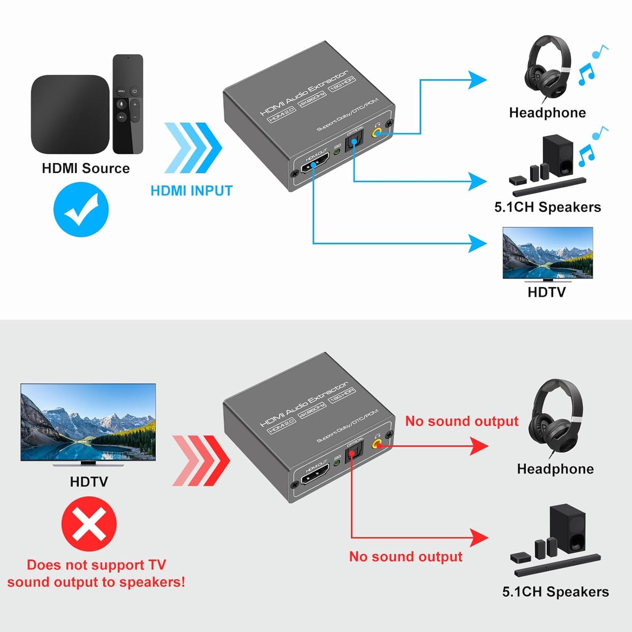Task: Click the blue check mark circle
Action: pyautogui.click(x=81, y=210)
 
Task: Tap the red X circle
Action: pyautogui.click(x=89, y=524)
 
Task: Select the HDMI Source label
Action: pyautogui.click(x=86, y=168)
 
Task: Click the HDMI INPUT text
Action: pyautogui.click(x=192, y=191)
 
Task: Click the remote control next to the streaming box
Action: pyautogui.click(x=128, y=104)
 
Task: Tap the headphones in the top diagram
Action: pyautogui.click(x=548, y=68)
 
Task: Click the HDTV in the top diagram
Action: pyautogui.click(x=548, y=254)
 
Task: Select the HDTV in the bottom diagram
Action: pyautogui.click(x=88, y=422)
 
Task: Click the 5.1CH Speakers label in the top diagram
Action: pyautogui.click(x=548, y=207)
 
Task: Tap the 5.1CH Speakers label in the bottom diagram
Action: pyautogui.click(x=555, y=592)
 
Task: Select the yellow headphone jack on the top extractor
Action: pyautogui.click(x=376, y=132)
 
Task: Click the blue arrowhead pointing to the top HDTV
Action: pyautogui.click(x=477, y=243)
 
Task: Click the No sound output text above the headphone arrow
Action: pyautogui.click(x=461, y=421)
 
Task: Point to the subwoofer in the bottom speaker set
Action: pyautogui.click(x=567, y=528)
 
